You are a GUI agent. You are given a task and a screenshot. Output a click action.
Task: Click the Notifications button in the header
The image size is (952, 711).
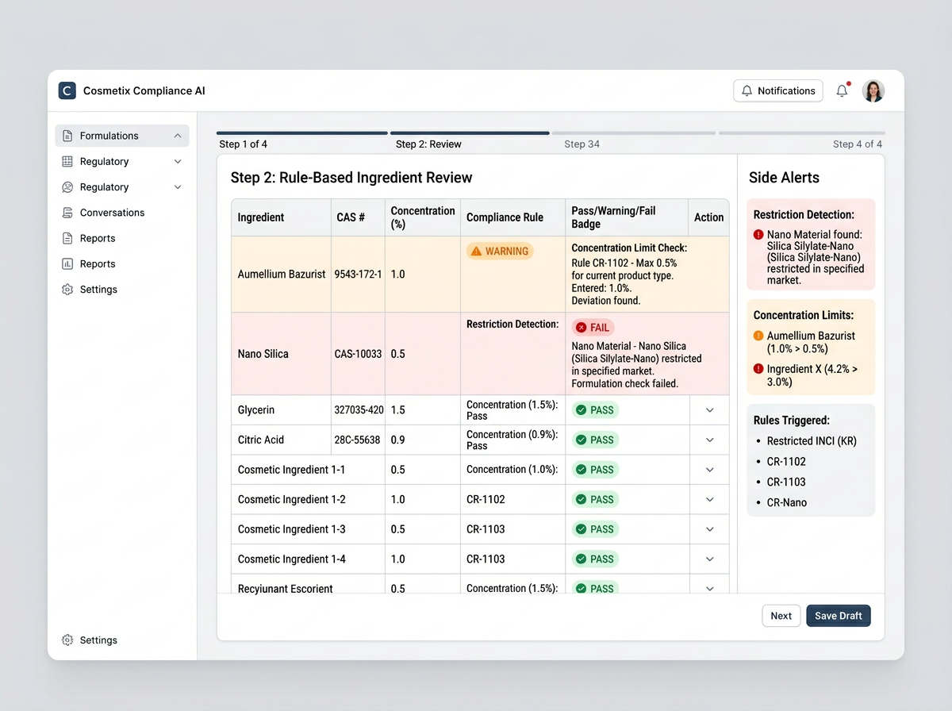coord(777,91)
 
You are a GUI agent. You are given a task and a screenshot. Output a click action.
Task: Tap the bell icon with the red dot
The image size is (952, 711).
coord(842,91)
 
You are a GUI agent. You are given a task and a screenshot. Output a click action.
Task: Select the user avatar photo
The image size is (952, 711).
coord(873,91)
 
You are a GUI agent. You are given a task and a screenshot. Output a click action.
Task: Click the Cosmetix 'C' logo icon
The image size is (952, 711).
coord(67,90)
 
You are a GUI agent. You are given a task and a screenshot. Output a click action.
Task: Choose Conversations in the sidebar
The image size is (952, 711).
coord(112,213)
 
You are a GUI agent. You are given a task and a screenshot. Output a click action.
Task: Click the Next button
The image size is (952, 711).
coord(781,616)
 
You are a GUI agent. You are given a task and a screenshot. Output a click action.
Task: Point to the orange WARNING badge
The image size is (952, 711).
coord(500,252)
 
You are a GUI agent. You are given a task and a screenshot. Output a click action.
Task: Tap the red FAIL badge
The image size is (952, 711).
coord(593,328)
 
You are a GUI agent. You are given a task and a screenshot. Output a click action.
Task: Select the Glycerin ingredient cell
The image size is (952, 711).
coord(256,410)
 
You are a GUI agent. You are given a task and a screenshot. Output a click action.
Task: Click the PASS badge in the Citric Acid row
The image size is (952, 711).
coord(595,440)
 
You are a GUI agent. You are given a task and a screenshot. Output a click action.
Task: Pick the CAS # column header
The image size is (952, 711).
coord(351,217)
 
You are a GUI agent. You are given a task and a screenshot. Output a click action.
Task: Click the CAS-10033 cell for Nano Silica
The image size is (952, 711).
coord(358,354)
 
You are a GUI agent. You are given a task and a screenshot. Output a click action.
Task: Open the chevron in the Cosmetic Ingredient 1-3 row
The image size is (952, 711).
coord(709,529)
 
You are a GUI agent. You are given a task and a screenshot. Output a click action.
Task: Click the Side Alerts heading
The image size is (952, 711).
coord(784,178)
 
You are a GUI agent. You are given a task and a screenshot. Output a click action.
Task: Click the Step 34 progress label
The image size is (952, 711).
coord(582,144)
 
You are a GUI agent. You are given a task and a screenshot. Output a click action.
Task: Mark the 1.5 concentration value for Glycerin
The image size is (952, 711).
coord(398,410)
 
